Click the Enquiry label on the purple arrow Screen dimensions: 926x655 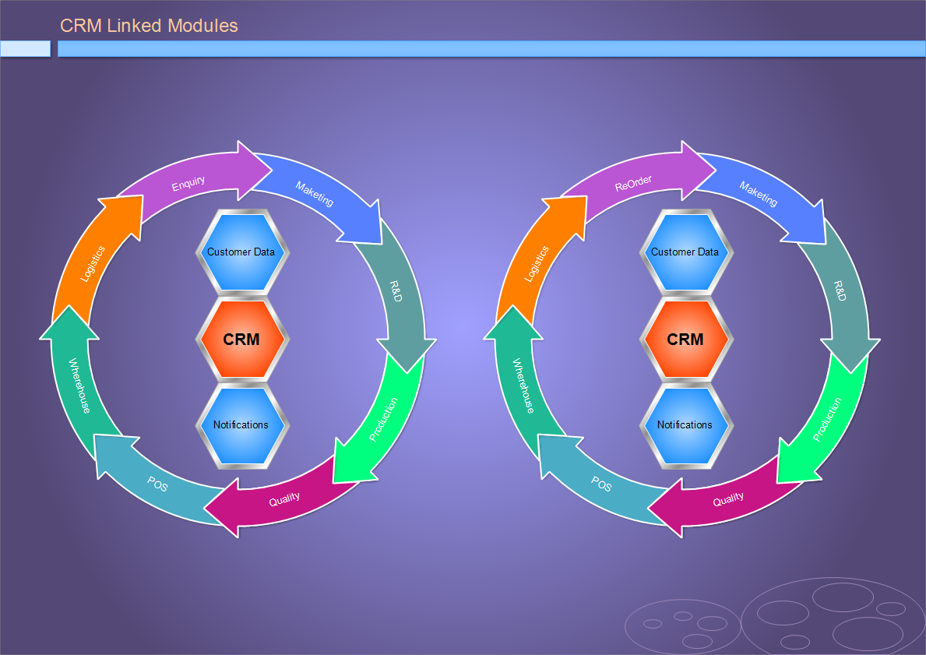(188, 183)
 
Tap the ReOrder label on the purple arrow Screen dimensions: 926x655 (633, 183)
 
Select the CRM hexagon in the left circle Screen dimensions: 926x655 (242, 339)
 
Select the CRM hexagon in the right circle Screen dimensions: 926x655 (686, 339)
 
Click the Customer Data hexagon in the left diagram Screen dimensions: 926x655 (242, 252)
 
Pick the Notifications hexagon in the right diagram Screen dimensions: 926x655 (686, 425)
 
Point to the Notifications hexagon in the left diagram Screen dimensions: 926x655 (242, 425)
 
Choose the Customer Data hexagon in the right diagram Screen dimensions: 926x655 (686, 252)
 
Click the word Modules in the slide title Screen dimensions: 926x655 (202, 26)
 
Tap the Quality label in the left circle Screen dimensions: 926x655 (284, 499)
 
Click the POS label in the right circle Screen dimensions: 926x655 (601, 484)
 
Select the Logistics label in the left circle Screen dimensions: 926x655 (93, 263)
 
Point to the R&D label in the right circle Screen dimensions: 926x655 (840, 291)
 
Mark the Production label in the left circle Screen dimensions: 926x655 (383, 419)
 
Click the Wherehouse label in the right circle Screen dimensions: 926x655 (523, 386)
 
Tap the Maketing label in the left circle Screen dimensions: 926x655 (314, 194)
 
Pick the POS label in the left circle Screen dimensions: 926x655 (157, 484)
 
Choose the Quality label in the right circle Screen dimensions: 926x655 (728, 499)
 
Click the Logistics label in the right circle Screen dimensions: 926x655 (537, 263)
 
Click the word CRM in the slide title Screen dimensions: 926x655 (81, 26)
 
